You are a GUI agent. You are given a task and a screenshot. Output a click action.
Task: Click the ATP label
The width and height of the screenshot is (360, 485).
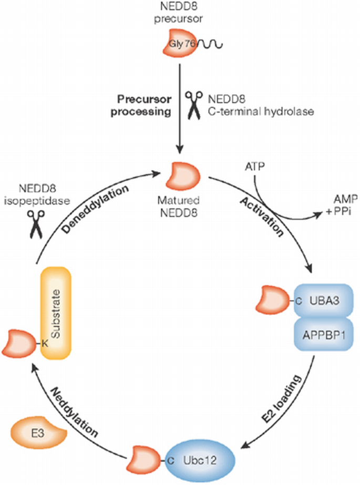[254, 168]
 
